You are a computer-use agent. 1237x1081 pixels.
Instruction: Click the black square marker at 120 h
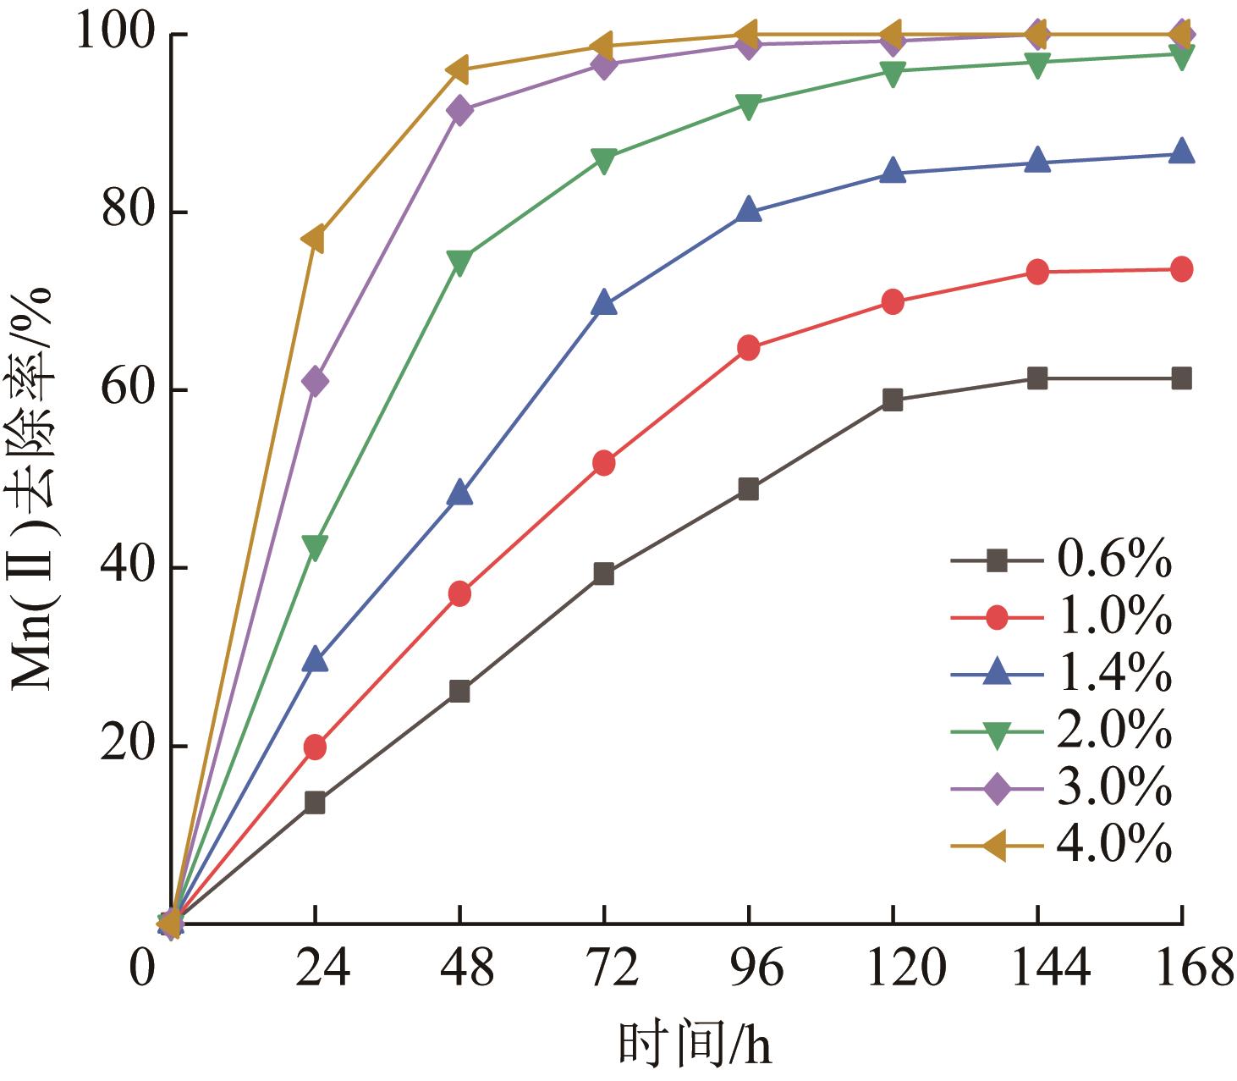(x=893, y=400)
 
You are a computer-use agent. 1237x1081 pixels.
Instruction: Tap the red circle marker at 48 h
(x=459, y=594)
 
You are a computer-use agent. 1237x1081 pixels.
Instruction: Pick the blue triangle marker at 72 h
(x=604, y=303)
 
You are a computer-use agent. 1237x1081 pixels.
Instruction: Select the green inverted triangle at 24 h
(x=315, y=548)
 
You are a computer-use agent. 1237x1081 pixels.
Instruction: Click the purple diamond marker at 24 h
(x=315, y=382)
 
